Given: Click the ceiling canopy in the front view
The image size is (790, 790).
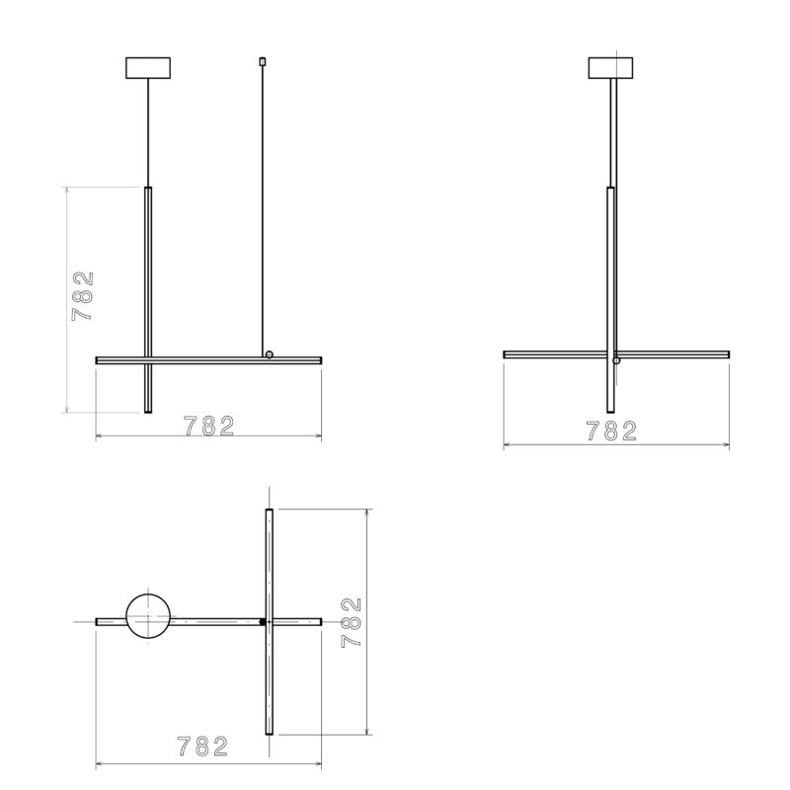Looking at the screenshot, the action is point(147,68).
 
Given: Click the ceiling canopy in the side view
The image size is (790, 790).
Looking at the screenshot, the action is point(610,68).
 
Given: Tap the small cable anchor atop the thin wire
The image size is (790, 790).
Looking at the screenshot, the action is point(262,61).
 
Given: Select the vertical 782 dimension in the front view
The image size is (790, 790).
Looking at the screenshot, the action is point(83,296).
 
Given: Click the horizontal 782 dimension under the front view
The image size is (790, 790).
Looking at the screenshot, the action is point(209,426).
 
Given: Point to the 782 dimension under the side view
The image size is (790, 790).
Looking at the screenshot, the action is point(611,432).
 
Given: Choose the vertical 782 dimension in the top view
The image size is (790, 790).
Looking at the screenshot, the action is point(353,622).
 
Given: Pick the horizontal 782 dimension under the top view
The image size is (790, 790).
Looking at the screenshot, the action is point(203,747).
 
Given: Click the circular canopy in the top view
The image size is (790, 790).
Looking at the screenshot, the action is point(148,616).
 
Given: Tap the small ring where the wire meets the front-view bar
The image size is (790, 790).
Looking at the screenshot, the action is point(269,355).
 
